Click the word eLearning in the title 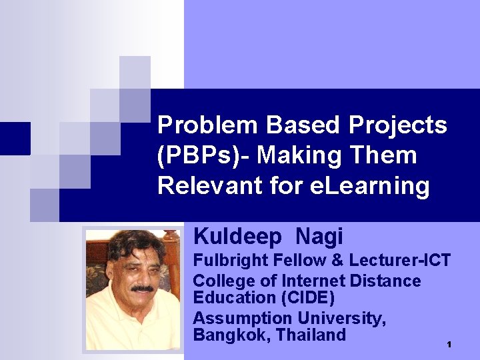coord(370,186)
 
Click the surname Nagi coord(319,236)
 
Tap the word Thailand coord(311,335)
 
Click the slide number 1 coord(450,344)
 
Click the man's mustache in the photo coord(142,288)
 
